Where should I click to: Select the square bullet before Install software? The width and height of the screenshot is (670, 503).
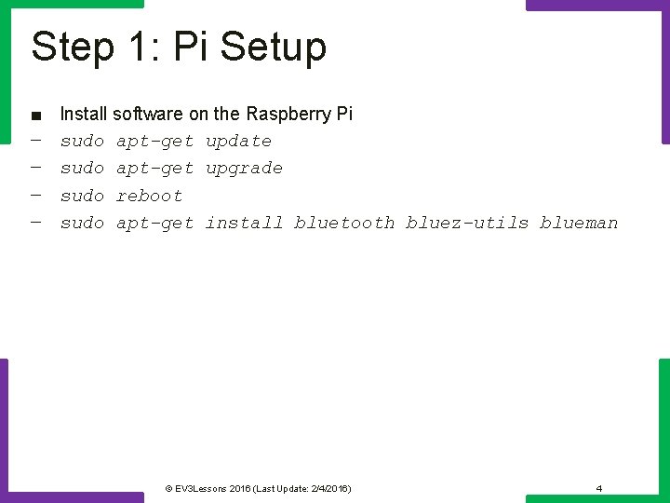[x=35, y=116]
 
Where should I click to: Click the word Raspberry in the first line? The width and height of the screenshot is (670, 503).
[x=287, y=114]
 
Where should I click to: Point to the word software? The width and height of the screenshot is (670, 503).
[x=148, y=114]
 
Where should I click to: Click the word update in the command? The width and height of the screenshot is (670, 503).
[x=238, y=142]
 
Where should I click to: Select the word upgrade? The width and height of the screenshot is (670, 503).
[x=244, y=169]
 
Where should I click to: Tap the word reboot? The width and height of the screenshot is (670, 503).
[x=149, y=196]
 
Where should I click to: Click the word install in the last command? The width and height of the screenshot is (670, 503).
[x=244, y=223]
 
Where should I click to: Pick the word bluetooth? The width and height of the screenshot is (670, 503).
[x=344, y=223]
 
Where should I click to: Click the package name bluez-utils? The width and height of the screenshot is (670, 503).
[x=467, y=223]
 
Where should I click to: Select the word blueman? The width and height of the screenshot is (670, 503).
[x=579, y=223]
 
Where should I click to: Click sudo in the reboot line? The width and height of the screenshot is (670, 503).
[x=82, y=196]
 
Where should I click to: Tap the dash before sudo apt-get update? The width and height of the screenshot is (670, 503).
[x=35, y=141]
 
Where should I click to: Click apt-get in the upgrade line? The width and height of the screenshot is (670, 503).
[x=154, y=169]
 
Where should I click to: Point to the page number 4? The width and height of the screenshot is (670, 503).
[x=599, y=488]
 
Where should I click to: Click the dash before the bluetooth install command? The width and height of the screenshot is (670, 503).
[x=35, y=222]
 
